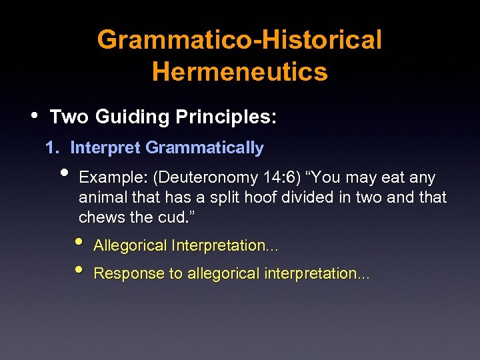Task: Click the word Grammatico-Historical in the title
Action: click(239, 40)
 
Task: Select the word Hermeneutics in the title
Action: click(239, 71)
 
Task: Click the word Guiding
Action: click(132, 117)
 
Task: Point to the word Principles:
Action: click(226, 117)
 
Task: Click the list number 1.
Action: click(49, 148)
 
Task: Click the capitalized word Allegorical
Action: click(130, 246)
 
